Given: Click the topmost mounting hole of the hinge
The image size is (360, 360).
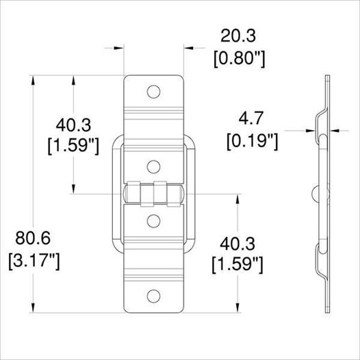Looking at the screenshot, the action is (153, 92).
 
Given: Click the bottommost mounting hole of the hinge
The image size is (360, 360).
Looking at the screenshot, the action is (153, 296).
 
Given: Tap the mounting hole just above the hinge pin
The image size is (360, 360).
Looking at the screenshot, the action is (153, 167).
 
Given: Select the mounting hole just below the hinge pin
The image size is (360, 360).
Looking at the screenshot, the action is (153, 221).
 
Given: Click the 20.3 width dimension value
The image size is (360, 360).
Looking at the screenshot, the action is (238, 36).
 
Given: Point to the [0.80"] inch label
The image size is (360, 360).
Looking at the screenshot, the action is (240, 60).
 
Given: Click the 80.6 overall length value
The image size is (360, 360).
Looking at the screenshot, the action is (33, 238).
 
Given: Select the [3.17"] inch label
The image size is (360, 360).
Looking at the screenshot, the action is (34, 261).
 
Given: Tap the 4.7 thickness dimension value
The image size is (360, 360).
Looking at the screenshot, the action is (251, 118).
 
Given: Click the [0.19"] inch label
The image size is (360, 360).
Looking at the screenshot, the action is (253, 142).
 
